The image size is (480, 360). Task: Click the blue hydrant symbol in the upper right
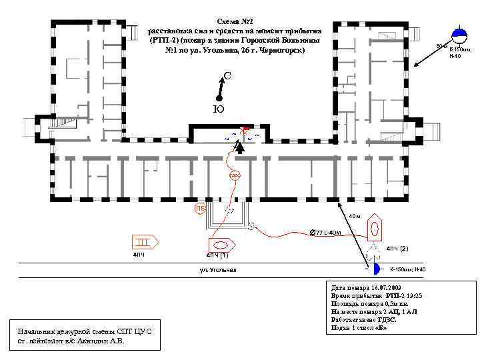pos(459,35)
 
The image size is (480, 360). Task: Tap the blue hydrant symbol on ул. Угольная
pos(375,269)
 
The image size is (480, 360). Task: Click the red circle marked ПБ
pos(200,209)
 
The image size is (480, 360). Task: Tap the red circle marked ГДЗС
pos(235,176)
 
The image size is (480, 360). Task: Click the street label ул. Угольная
pos(218,269)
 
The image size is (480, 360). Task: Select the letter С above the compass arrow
pos(227,76)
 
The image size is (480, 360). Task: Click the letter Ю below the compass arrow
pos(218,109)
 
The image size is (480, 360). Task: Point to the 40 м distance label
pos(354,216)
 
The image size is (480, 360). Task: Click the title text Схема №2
pos(236,21)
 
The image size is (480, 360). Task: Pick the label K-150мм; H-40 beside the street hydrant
pos(407,269)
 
